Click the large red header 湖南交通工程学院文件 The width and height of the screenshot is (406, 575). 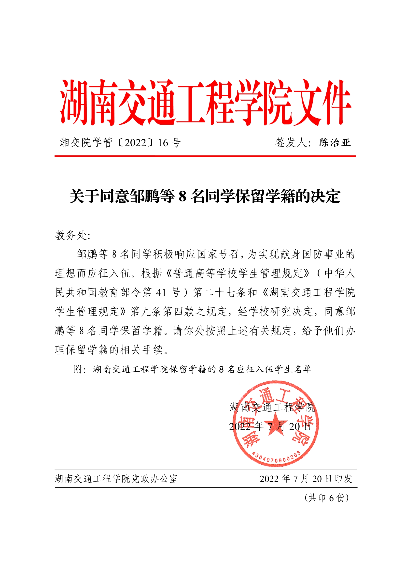[205, 103]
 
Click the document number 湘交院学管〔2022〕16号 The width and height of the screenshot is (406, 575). [120, 143]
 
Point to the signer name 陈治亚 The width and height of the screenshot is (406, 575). [335, 142]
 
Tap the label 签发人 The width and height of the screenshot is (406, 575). [291, 143]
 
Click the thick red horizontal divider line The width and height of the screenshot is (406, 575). [205, 156]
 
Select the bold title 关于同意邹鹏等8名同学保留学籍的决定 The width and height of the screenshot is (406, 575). [205, 196]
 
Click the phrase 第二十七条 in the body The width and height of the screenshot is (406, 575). [220, 292]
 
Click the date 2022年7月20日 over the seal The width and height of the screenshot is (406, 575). [270, 426]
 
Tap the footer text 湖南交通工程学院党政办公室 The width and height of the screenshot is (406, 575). [116, 479]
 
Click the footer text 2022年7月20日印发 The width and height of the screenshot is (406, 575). [306, 479]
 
